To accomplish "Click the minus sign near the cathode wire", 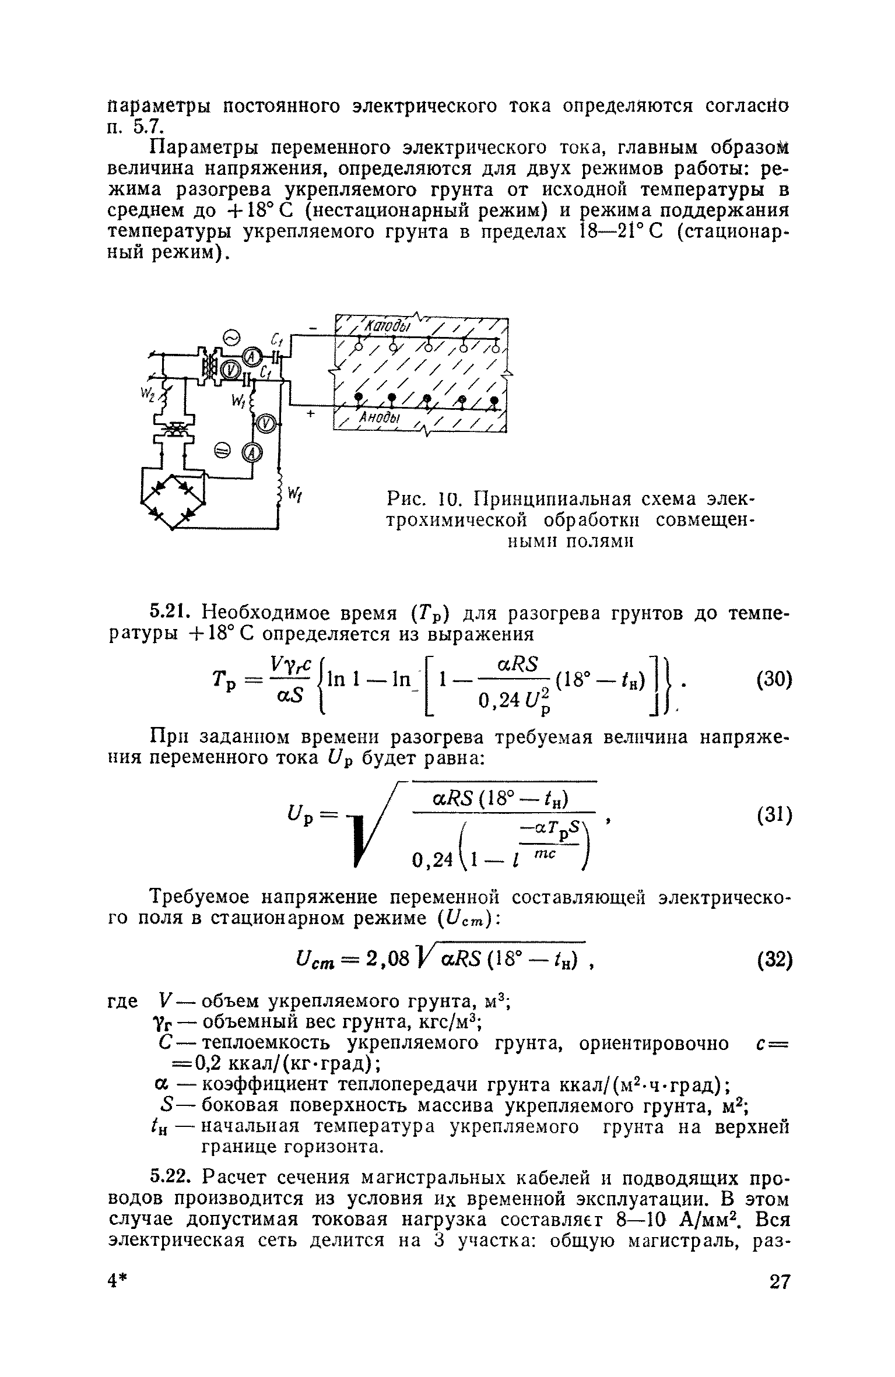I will point(315,331).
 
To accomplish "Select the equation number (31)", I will point(773,816).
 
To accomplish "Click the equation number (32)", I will point(773,960).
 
